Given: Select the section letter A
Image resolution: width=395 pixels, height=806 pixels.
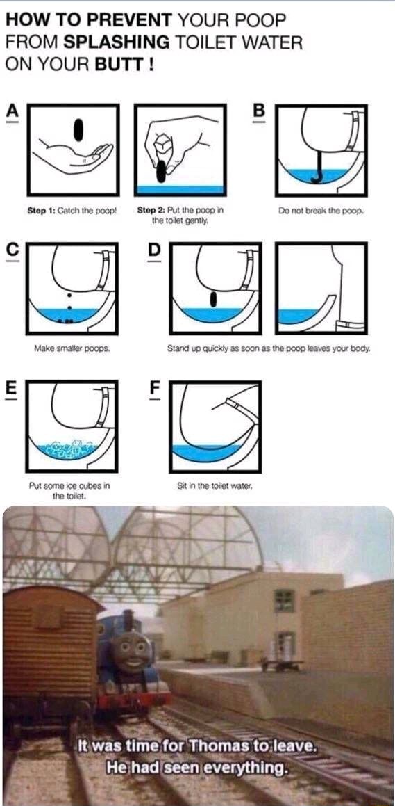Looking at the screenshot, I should click(x=12, y=110).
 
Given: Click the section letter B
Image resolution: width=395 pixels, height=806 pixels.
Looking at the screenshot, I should click(x=259, y=110).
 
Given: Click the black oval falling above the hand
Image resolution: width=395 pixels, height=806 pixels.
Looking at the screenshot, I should click(x=79, y=128).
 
